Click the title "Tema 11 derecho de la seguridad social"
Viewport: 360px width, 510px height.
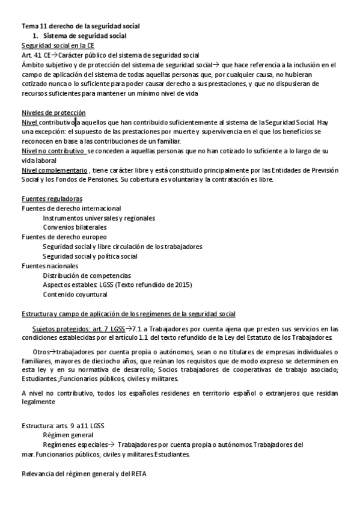click(81, 26)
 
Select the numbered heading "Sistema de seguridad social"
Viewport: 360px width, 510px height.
click(85, 36)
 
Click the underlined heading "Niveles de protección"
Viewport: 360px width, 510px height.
click(53, 113)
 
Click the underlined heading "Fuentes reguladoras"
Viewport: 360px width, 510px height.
click(52, 198)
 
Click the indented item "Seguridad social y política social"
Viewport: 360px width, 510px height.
click(90, 256)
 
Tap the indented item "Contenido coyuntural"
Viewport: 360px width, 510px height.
click(75, 295)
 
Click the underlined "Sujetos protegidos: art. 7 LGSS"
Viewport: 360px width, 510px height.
click(79, 329)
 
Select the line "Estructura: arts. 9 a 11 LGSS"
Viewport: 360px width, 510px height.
click(63, 426)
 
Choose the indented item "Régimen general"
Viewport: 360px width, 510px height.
click(68, 435)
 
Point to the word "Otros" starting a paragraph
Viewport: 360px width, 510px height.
click(41, 351)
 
